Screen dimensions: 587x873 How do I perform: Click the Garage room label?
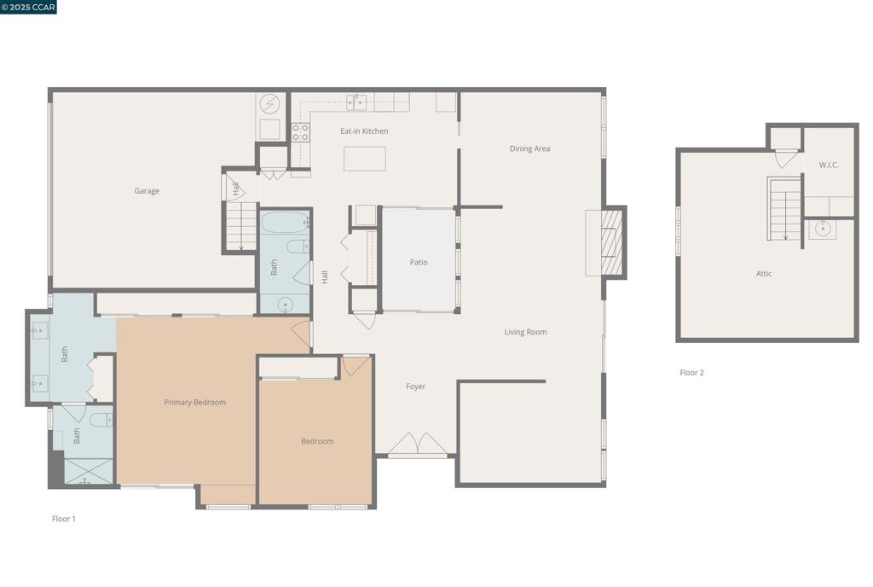(x=147, y=191)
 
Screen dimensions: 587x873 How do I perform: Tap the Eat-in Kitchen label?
(x=364, y=131)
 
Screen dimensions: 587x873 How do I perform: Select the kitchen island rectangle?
(x=364, y=159)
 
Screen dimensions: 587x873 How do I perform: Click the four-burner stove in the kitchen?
(x=300, y=132)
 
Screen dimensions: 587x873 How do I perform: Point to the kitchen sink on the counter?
(x=360, y=102)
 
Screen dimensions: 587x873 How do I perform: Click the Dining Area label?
(x=529, y=148)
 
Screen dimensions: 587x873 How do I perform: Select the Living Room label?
(x=525, y=332)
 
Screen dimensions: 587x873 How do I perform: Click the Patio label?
(x=419, y=262)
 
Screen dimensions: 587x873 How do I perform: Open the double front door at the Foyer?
(x=418, y=445)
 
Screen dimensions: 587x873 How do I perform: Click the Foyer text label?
(x=415, y=386)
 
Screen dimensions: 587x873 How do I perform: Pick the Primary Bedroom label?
(x=195, y=402)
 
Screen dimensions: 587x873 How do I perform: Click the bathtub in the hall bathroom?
(x=285, y=224)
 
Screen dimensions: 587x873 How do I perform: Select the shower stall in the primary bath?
(x=84, y=472)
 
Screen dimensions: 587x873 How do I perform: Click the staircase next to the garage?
(x=241, y=226)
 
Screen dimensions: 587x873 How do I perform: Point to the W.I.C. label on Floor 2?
(x=829, y=165)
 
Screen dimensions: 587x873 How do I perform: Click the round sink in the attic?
(x=823, y=229)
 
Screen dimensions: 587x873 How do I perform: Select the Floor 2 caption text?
(x=691, y=373)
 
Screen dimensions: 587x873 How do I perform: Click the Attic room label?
(x=764, y=274)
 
